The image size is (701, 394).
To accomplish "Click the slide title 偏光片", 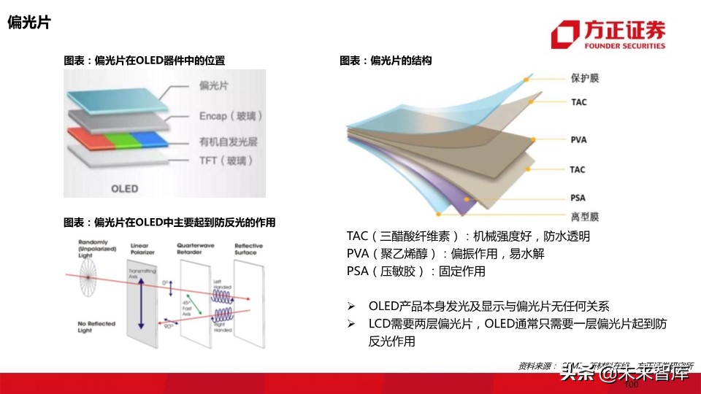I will (28, 23).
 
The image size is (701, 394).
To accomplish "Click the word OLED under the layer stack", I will (124, 188).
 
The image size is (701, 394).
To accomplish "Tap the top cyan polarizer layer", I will (117, 95).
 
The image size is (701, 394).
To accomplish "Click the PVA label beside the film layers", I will (579, 139).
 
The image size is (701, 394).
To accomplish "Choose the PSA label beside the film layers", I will (578, 198).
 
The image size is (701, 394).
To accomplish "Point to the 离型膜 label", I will (585, 217).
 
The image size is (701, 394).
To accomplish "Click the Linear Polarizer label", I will (142, 249).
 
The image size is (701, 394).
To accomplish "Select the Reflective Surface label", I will (248, 249).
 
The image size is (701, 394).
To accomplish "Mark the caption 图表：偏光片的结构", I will (386, 61).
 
